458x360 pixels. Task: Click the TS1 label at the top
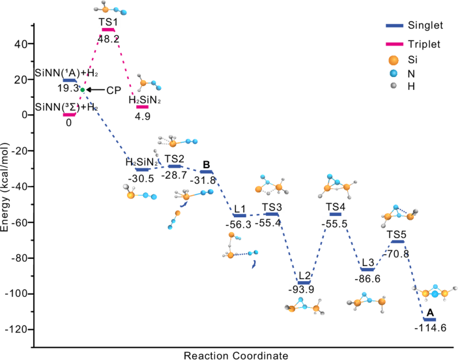click(x=108, y=22)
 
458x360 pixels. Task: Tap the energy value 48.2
click(x=108, y=38)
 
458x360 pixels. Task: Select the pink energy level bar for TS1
click(x=108, y=30)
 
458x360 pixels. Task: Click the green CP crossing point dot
click(x=82, y=89)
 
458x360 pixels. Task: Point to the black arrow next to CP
click(x=96, y=89)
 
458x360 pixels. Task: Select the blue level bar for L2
click(x=304, y=282)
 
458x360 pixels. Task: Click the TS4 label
click(x=336, y=206)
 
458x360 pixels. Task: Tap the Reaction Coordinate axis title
click(x=235, y=355)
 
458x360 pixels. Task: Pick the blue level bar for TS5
click(x=398, y=241)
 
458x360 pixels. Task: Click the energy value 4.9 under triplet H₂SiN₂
click(x=142, y=115)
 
